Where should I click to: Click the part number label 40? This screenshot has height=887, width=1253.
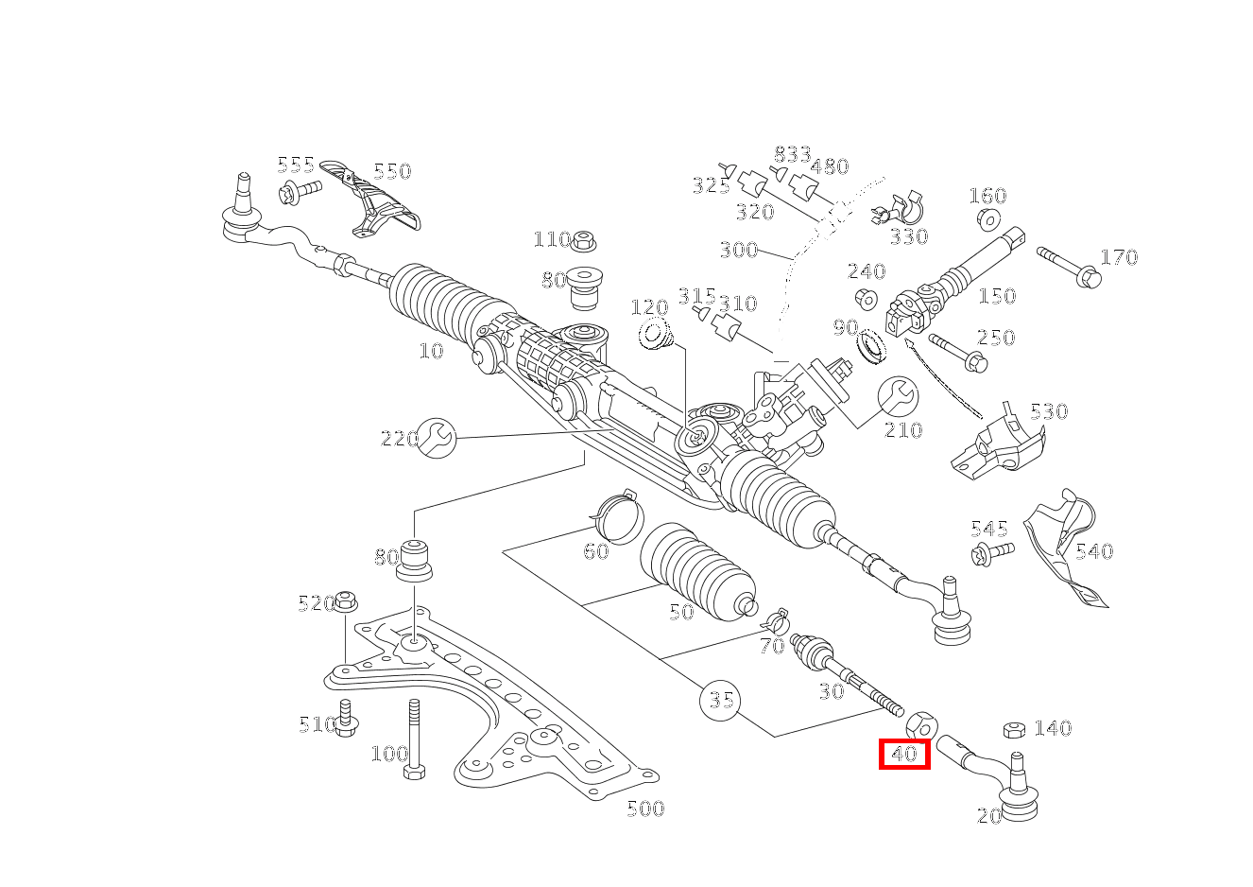coord(904,754)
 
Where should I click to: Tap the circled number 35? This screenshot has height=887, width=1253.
coord(720,701)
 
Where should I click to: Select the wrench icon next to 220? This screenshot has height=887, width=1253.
coord(437,437)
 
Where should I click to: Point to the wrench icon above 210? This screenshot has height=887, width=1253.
coord(897,396)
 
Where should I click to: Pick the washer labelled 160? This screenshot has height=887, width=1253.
coord(988,219)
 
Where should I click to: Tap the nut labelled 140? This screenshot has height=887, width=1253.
coord(1015,729)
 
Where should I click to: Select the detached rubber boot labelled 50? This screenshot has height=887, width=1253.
coord(697,573)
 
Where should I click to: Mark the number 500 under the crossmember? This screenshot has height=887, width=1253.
coord(645,809)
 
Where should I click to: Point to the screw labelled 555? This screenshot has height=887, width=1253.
coord(300,191)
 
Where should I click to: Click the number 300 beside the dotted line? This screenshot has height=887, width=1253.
coord(739,251)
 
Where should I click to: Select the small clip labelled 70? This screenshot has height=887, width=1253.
coord(776,620)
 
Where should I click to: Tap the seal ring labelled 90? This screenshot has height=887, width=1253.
coord(872,345)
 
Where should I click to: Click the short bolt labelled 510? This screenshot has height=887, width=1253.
coord(345,718)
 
